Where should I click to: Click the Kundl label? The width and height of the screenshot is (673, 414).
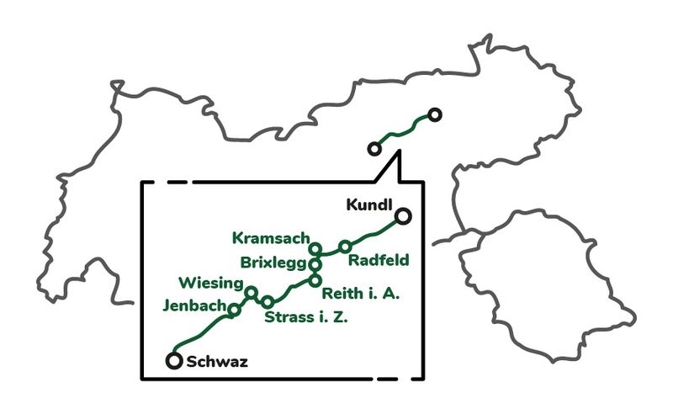(369, 205)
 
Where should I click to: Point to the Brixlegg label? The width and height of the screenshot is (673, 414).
(273, 262)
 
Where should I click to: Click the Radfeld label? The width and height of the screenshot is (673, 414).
(379, 259)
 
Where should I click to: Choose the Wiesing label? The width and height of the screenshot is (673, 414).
(211, 282)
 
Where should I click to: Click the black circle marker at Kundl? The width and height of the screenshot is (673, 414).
(404, 216)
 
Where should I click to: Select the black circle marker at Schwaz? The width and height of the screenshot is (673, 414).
(174, 361)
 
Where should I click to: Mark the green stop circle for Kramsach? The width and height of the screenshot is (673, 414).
(315, 249)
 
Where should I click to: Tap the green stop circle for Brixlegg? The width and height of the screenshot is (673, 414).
(315, 264)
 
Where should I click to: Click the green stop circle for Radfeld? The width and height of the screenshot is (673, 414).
(345, 247)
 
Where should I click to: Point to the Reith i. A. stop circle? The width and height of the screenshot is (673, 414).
(315, 280)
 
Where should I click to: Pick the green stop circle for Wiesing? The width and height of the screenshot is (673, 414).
(250, 293)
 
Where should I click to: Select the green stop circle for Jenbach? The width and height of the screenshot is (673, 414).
(235, 310)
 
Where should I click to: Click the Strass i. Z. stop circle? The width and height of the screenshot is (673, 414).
(268, 302)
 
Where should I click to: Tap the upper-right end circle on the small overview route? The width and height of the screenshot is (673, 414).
(434, 114)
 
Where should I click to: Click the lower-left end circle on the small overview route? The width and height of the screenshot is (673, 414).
(374, 149)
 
